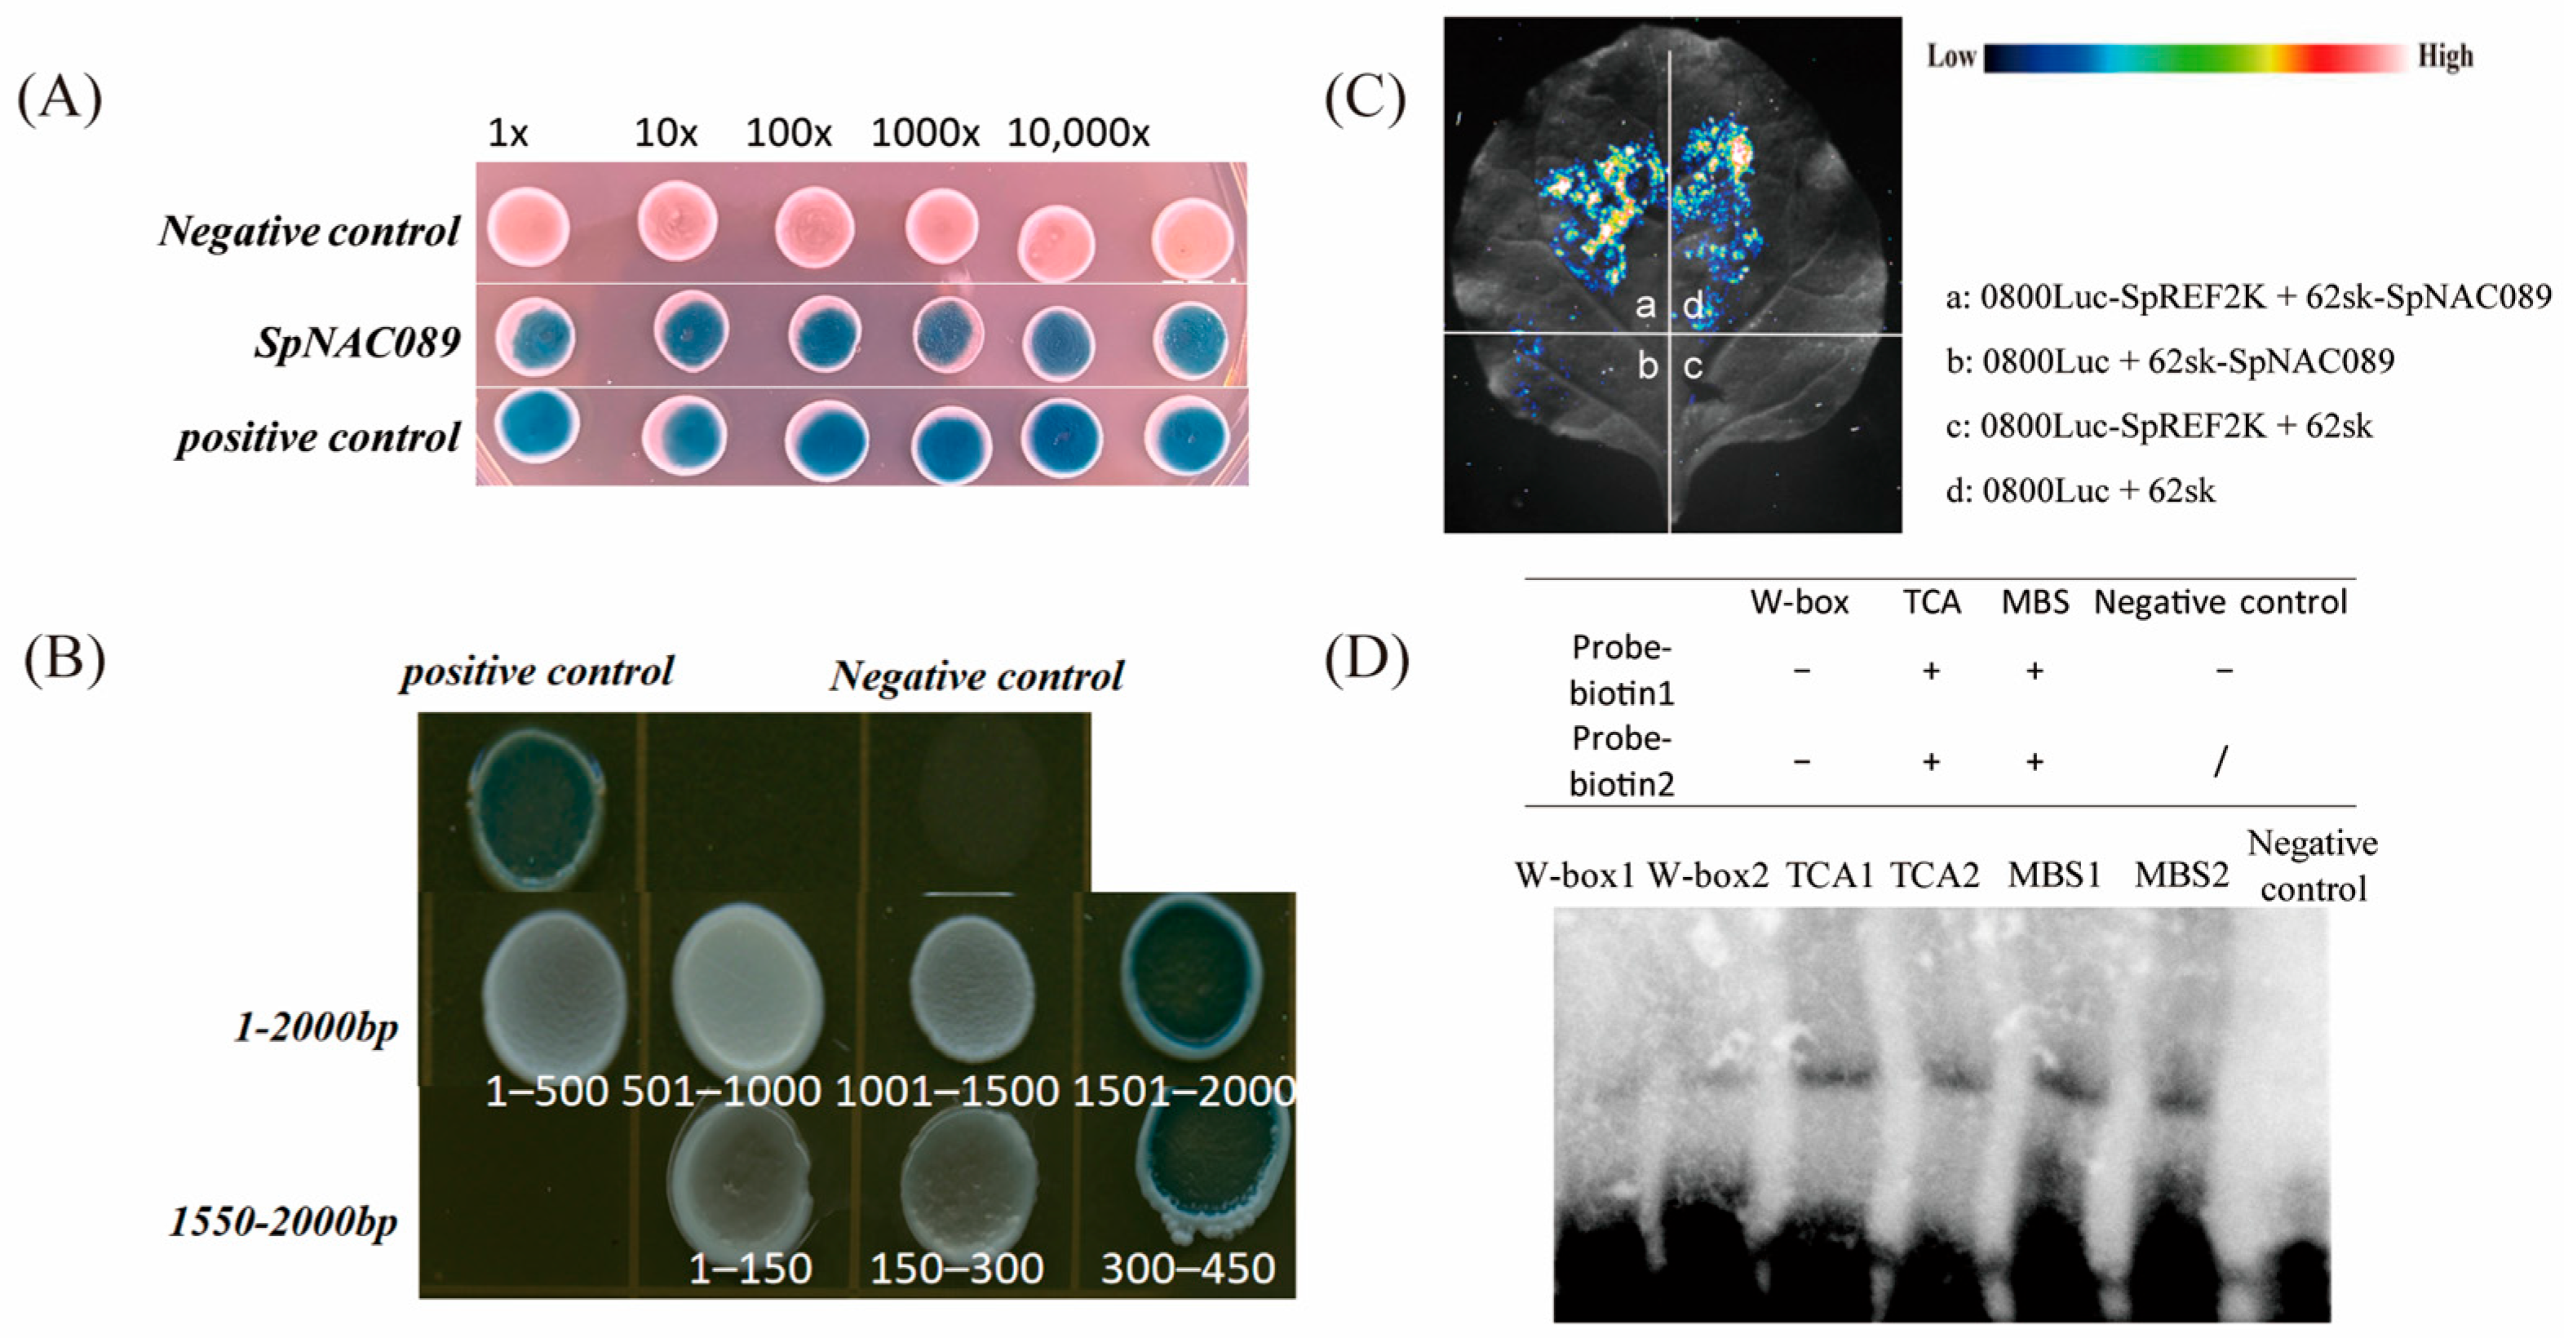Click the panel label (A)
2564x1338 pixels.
pyautogui.click(x=60, y=100)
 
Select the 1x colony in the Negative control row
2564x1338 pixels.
pyautogui.click(x=529, y=229)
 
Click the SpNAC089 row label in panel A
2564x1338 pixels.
pyautogui.click(x=357, y=343)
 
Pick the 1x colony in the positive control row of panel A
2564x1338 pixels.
pyautogui.click(x=539, y=426)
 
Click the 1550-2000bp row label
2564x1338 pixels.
pyautogui.click(x=284, y=1221)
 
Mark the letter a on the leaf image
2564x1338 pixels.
pyautogui.click(x=1646, y=304)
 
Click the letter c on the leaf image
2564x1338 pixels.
pyautogui.click(x=1693, y=367)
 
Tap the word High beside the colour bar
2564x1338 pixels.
pyautogui.click(x=2446, y=57)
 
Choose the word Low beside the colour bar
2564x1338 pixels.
pyautogui.click(x=1951, y=57)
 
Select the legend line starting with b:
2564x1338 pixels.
pyautogui.click(x=2170, y=361)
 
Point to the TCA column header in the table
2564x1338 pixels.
pyautogui.click(x=1931, y=602)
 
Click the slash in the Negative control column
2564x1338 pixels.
pyautogui.click(x=2220, y=764)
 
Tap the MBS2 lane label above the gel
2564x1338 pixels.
pyautogui.click(x=2181, y=875)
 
